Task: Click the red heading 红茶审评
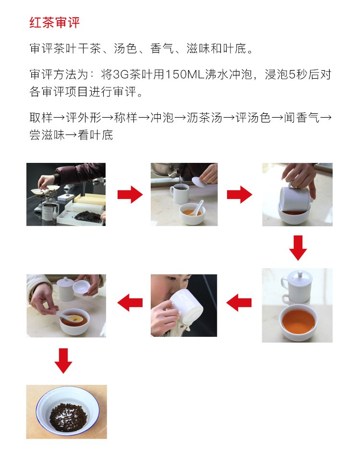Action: pyautogui.click(x=55, y=23)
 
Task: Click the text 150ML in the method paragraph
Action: pyautogui.click(x=185, y=74)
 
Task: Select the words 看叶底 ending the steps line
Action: pyautogui.click(x=96, y=135)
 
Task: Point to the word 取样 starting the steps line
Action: pyautogui.click(x=41, y=118)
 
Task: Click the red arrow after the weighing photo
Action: pyautogui.click(x=130, y=195)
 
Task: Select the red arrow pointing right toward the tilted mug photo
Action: pyautogui.click(x=240, y=195)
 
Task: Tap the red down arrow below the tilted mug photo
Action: pyautogui.click(x=298, y=248)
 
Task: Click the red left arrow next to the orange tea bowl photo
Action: pyautogui.click(x=239, y=303)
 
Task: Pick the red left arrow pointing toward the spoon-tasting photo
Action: pyautogui.click(x=130, y=303)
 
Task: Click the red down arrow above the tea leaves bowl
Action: pyautogui.click(x=63, y=361)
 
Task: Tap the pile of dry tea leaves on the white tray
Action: pyautogui.click(x=88, y=217)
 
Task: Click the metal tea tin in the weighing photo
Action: pyautogui.click(x=50, y=211)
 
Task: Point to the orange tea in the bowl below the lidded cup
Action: pyautogui.click(x=298, y=321)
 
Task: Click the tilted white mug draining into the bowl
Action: pyautogui.click(x=295, y=199)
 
